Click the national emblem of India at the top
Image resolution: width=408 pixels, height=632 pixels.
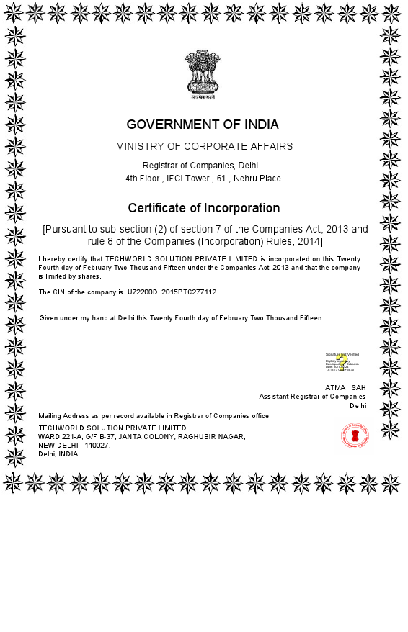click(203, 73)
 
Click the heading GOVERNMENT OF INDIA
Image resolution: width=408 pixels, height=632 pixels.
click(203, 125)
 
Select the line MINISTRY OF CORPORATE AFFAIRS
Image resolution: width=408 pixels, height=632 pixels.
click(204, 146)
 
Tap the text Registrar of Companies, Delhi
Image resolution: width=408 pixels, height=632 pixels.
click(203, 166)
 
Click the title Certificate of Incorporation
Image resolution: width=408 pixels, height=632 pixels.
click(204, 208)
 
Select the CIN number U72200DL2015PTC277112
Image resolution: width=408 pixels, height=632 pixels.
click(172, 292)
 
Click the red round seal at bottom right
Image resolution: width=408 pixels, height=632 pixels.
click(355, 435)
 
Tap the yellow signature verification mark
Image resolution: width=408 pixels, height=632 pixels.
click(342, 361)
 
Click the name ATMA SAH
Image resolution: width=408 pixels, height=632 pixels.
click(345, 387)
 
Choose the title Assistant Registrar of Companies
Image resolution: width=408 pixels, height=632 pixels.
click(312, 396)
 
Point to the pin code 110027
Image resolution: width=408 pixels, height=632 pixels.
click(93, 446)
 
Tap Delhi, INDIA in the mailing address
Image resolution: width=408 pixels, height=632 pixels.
click(58, 454)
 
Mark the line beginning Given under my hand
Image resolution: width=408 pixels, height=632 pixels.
click(181, 317)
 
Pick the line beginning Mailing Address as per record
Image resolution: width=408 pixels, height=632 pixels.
click(154, 416)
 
